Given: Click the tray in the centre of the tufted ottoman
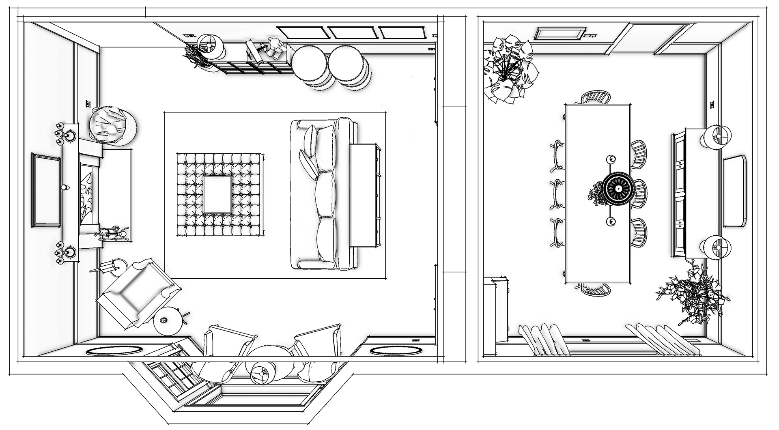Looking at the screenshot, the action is pos(218,194).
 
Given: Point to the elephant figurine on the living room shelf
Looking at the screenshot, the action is pos(275,46).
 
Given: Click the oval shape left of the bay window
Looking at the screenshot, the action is pos(115,350).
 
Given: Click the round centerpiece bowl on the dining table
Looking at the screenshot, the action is pos(618,189).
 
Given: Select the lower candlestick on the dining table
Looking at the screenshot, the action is pos(611,221).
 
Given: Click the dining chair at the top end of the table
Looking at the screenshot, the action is pos(596,98).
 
